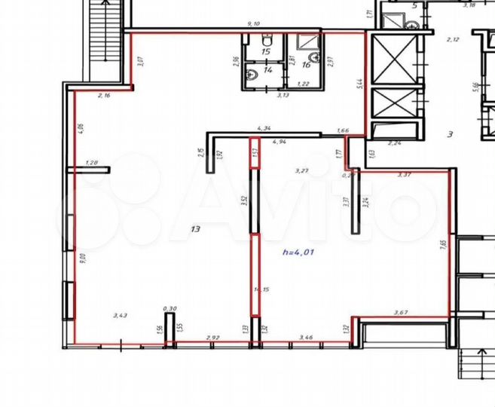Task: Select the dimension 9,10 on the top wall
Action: [x=258, y=24]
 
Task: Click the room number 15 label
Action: [x=265, y=52]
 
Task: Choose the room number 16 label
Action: [x=306, y=65]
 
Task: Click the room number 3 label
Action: [x=450, y=135]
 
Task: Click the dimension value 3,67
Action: [x=405, y=313]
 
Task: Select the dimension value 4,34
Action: [x=264, y=129]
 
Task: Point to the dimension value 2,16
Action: [x=105, y=96]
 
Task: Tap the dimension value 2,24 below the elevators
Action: [x=395, y=142]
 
